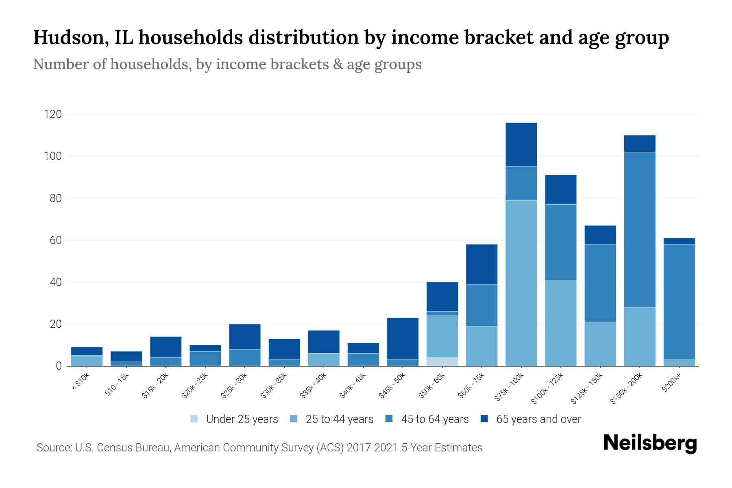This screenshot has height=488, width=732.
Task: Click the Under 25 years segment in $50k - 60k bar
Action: point(442,362)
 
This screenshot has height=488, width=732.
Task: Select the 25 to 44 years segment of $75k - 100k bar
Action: point(521,283)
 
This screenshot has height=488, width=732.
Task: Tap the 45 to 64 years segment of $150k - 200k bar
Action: point(640,229)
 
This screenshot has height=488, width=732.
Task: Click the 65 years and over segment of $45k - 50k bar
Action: point(403,338)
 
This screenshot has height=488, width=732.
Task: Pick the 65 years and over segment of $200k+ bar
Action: point(679,241)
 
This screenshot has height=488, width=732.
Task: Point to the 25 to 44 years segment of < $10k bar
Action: point(87,361)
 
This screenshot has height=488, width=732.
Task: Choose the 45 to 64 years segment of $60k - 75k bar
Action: point(481,305)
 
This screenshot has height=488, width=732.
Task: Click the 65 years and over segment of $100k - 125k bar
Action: point(560,190)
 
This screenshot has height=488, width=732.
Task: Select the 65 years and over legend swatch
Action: point(484,419)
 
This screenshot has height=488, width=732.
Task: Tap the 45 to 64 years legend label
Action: point(435,419)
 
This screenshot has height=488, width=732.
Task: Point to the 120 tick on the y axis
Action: point(53,114)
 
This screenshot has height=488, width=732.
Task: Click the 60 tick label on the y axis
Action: point(55,240)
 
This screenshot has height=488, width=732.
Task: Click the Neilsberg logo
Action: point(650,443)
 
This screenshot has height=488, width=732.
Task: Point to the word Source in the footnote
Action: point(53,448)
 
